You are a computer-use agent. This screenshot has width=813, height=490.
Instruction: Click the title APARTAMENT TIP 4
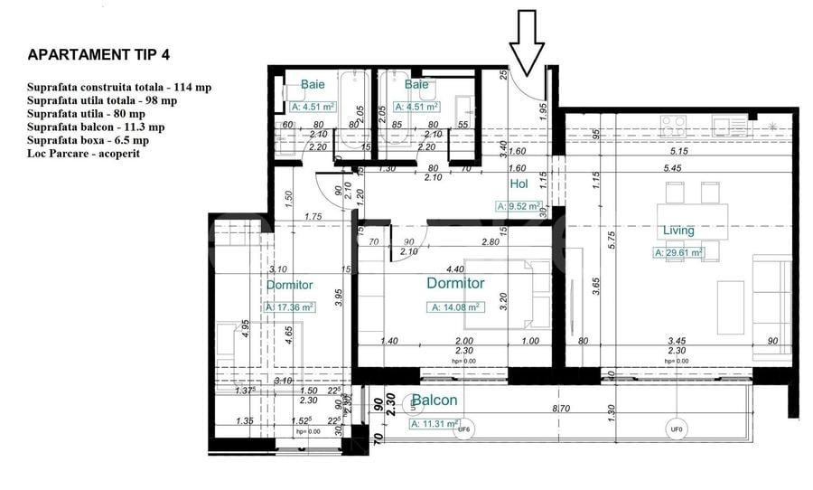click(x=98, y=54)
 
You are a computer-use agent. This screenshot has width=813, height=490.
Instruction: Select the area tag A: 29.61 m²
click(x=678, y=253)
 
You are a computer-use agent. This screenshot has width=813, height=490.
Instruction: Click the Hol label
click(x=519, y=184)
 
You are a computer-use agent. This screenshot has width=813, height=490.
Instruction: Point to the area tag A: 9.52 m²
click(x=519, y=206)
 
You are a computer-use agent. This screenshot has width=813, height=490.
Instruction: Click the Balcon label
click(x=434, y=400)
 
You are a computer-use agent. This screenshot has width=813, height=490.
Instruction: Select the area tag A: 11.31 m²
click(x=435, y=423)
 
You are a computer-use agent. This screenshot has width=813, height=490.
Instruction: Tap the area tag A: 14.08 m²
click(x=455, y=306)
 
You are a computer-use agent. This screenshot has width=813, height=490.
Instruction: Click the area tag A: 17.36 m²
click(x=289, y=307)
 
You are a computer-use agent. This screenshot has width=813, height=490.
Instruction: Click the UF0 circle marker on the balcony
click(x=675, y=429)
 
